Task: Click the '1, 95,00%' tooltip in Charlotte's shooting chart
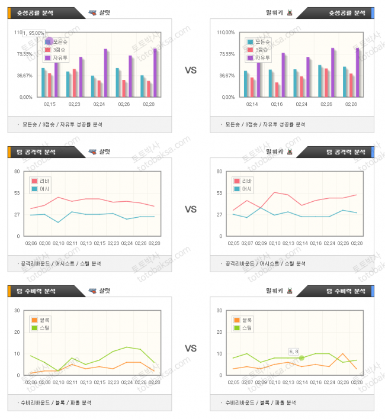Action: click(34, 33)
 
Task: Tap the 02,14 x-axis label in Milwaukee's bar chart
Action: click(252, 104)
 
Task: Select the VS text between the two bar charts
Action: click(191, 70)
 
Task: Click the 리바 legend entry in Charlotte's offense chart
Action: click(42, 181)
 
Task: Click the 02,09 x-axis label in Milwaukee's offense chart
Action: click(261, 243)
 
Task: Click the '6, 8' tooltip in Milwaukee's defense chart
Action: click(294, 351)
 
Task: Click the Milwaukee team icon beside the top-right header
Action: click(289, 12)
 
